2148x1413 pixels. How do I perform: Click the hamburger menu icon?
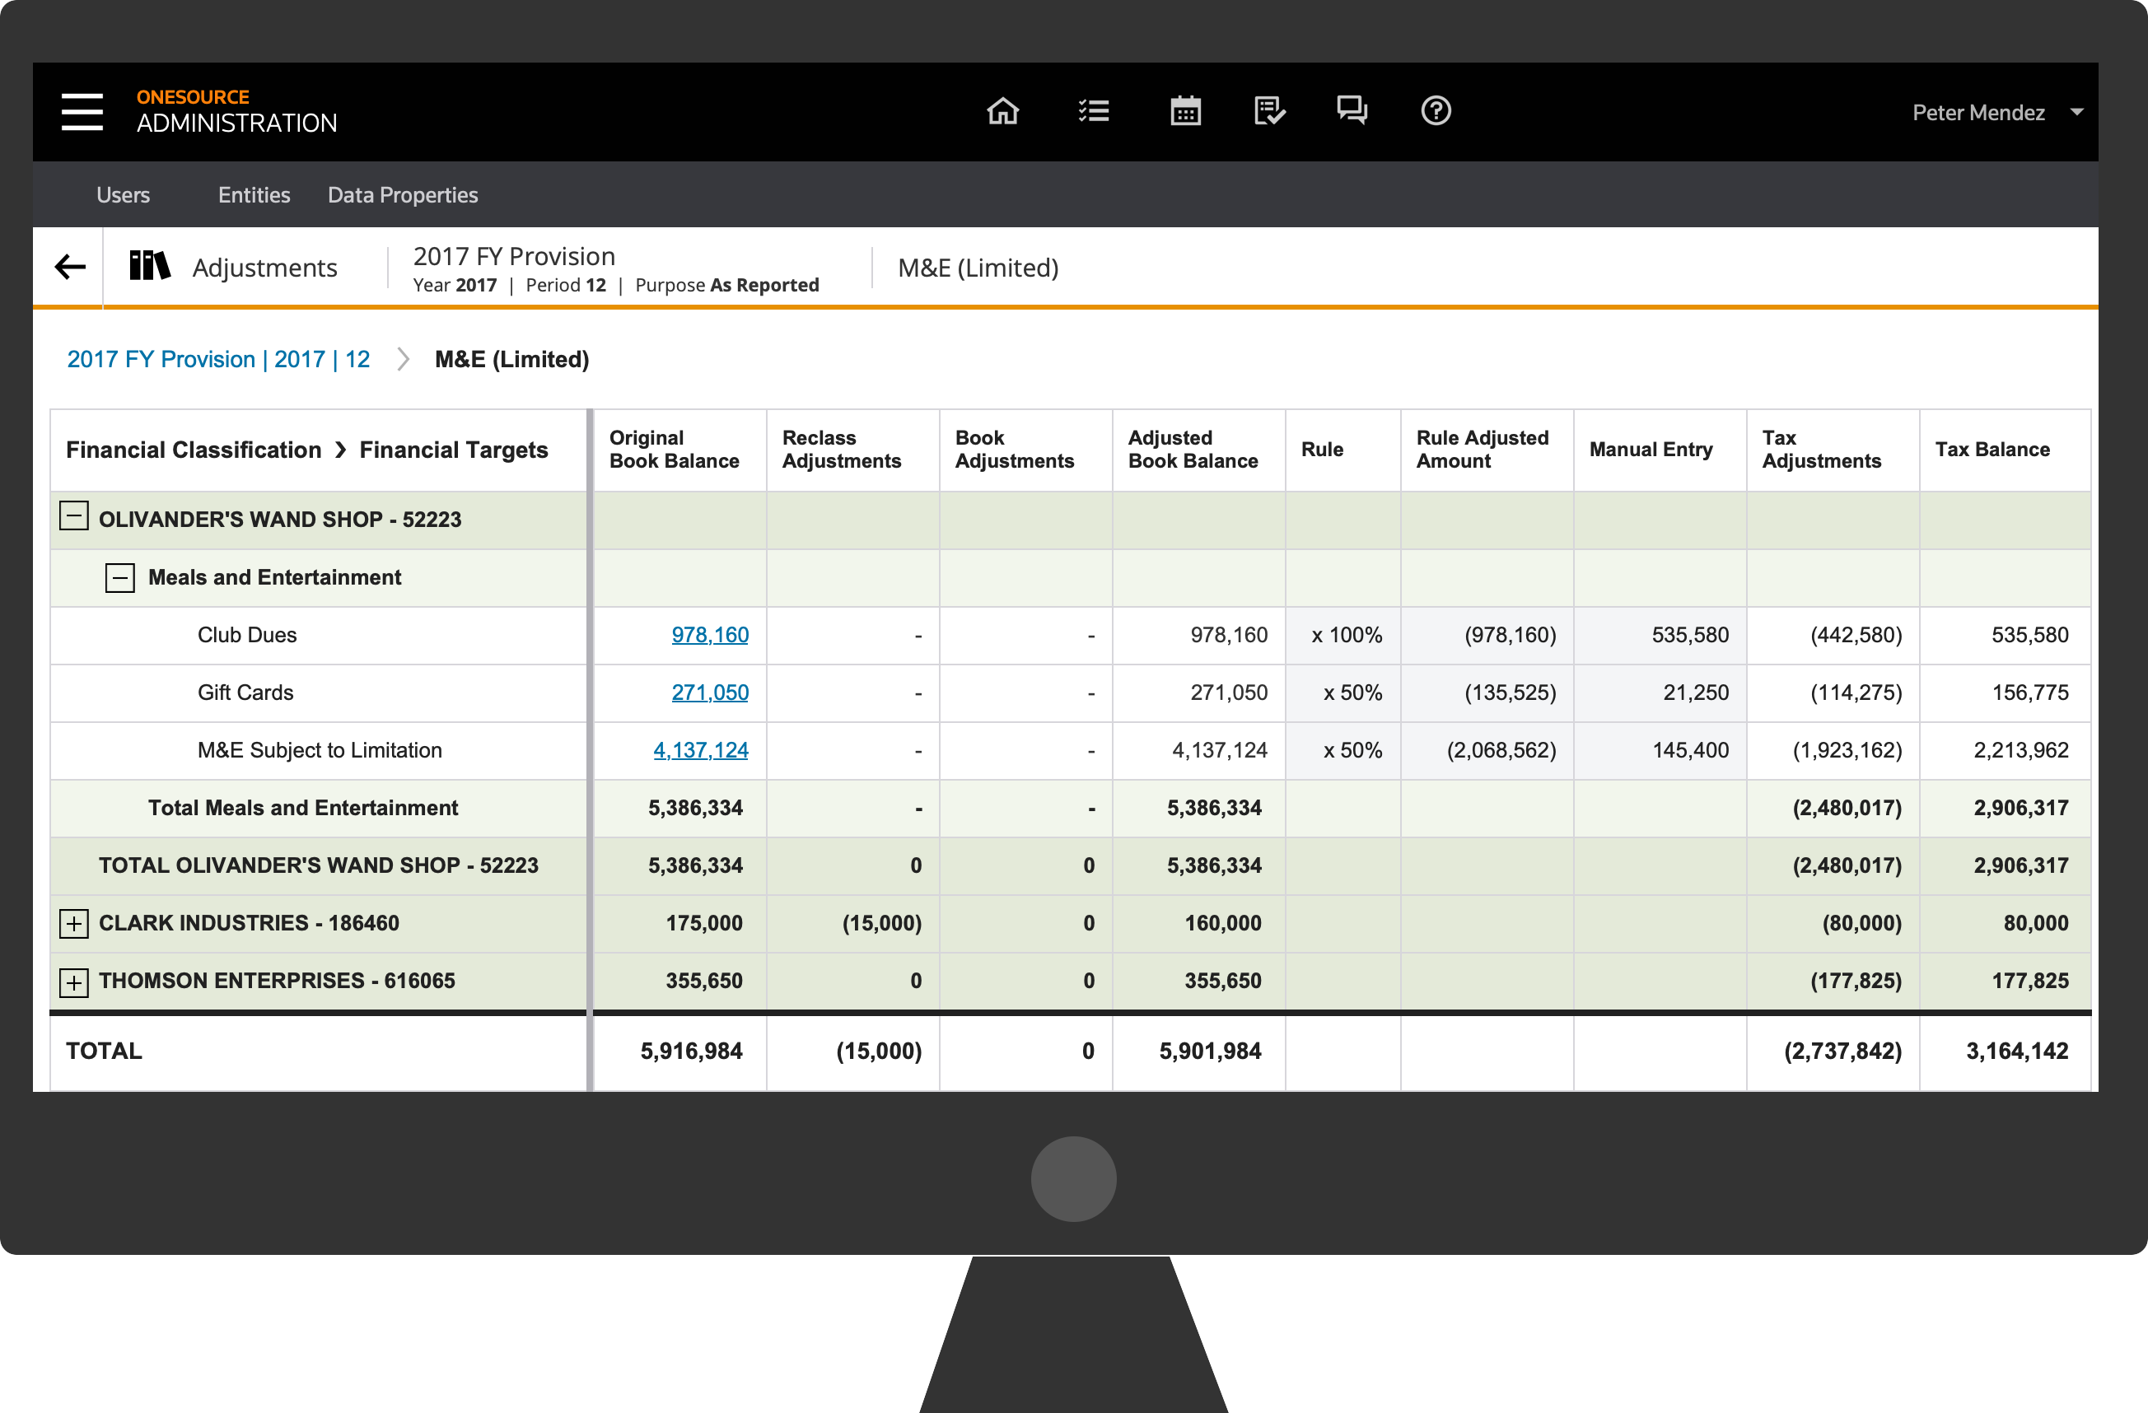(x=82, y=111)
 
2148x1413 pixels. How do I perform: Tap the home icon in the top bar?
(x=1002, y=111)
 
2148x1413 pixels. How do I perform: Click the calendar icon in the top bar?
(x=1185, y=111)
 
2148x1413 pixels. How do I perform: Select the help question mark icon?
(x=1436, y=111)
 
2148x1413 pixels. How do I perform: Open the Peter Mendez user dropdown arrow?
(x=2076, y=112)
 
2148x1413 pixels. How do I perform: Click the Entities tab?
(x=254, y=195)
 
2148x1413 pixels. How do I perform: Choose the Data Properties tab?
(x=403, y=195)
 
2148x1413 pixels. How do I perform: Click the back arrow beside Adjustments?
(x=70, y=267)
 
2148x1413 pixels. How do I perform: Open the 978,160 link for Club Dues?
(x=710, y=634)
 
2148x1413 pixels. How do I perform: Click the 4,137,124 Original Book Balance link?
(x=701, y=750)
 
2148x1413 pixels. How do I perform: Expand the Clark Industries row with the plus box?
(x=74, y=923)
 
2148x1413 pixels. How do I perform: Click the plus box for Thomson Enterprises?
(x=74, y=982)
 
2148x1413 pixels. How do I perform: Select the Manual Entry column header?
(x=1651, y=450)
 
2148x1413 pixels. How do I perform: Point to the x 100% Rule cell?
(x=1347, y=635)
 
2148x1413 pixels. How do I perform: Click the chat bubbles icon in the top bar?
(x=1352, y=111)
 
